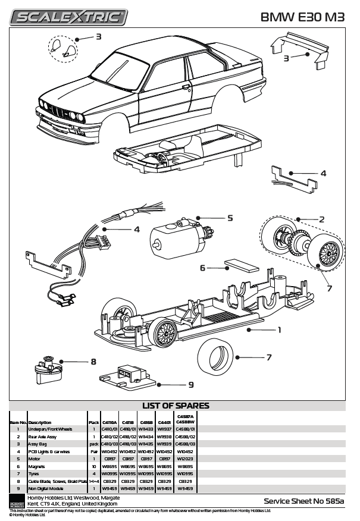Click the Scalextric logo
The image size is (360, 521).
click(71, 17)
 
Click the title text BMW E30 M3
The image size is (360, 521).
click(302, 17)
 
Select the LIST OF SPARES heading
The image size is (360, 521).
click(176, 406)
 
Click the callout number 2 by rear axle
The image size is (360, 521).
click(322, 219)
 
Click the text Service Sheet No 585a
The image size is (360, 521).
click(304, 501)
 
